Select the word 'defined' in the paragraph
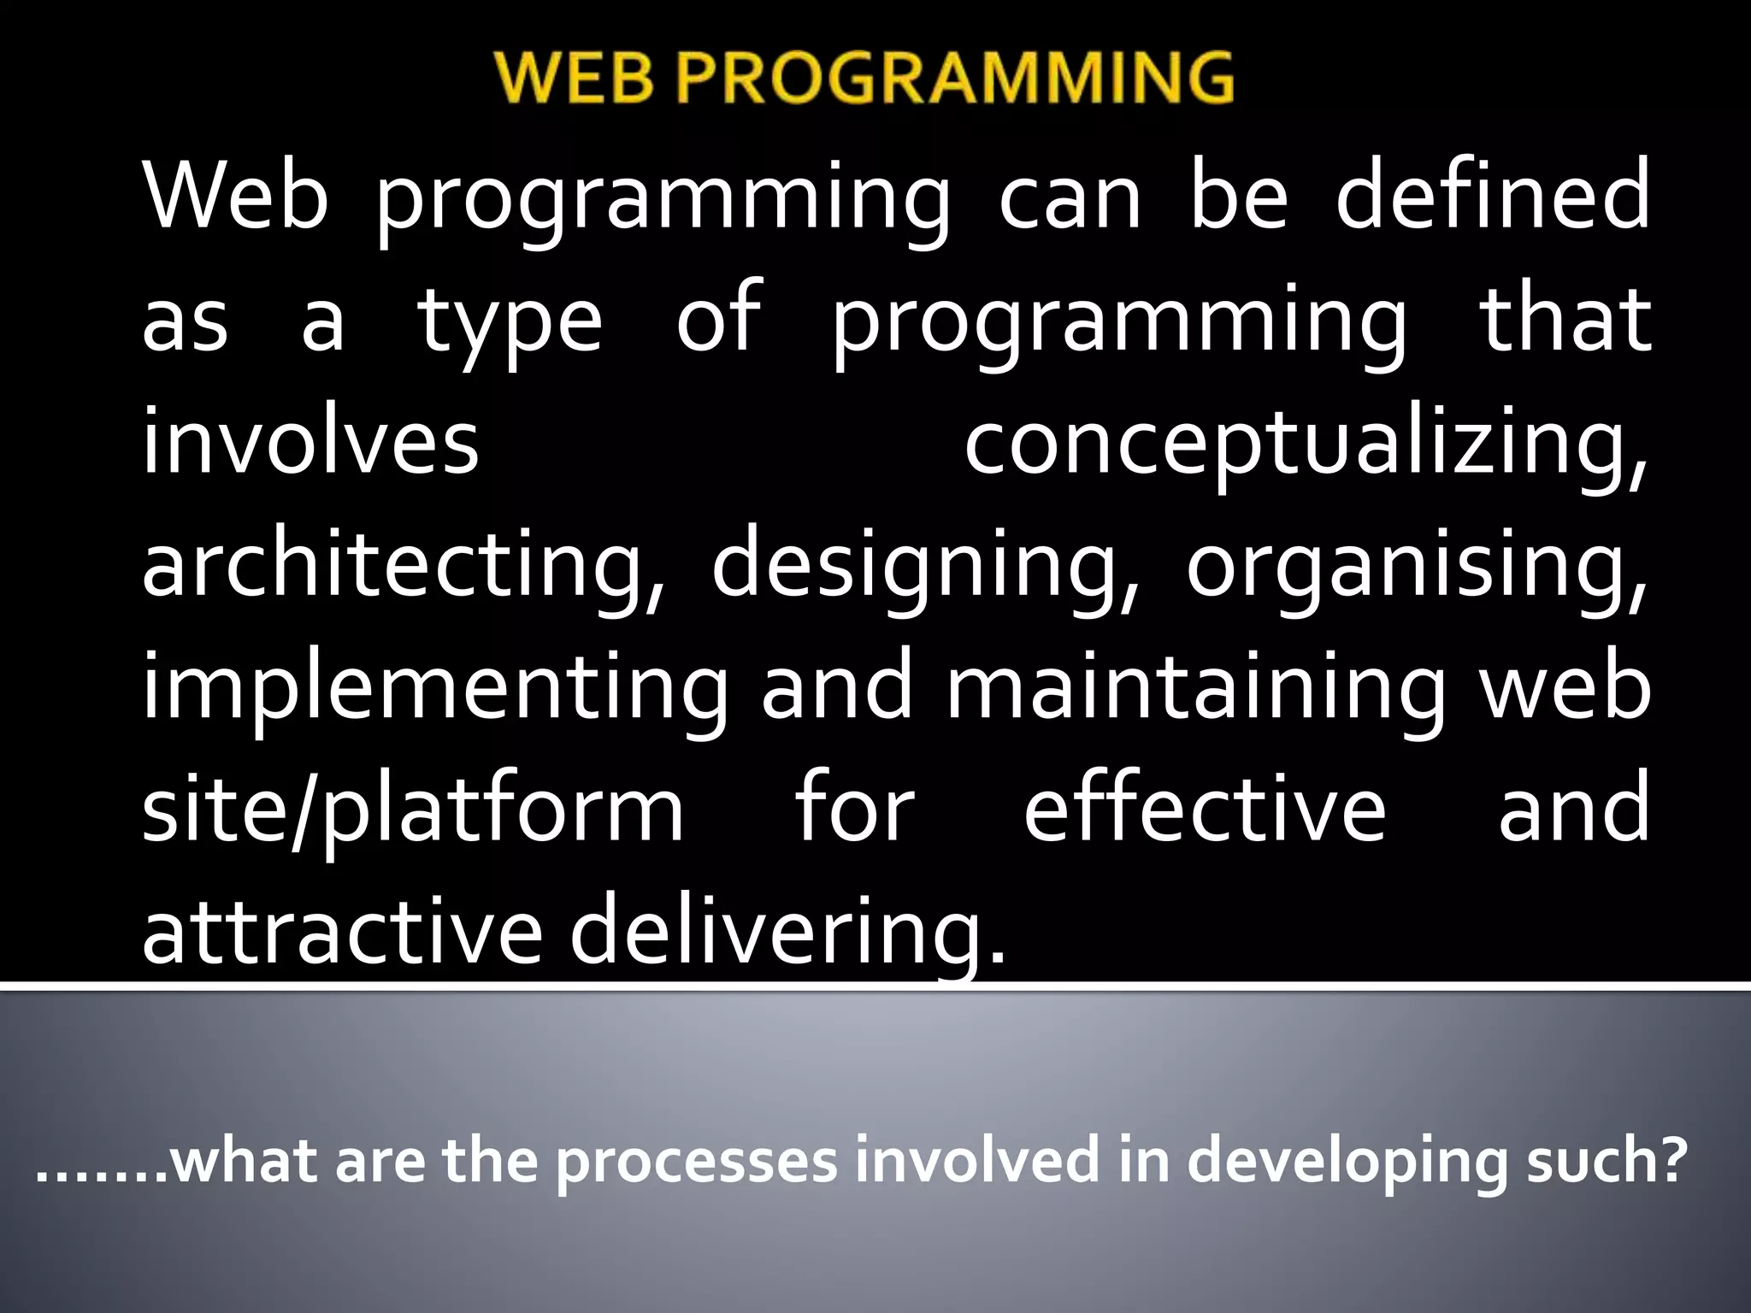(1492, 197)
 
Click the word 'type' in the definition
(510, 320)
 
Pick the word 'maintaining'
(1195, 689)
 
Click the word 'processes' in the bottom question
(696, 1163)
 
